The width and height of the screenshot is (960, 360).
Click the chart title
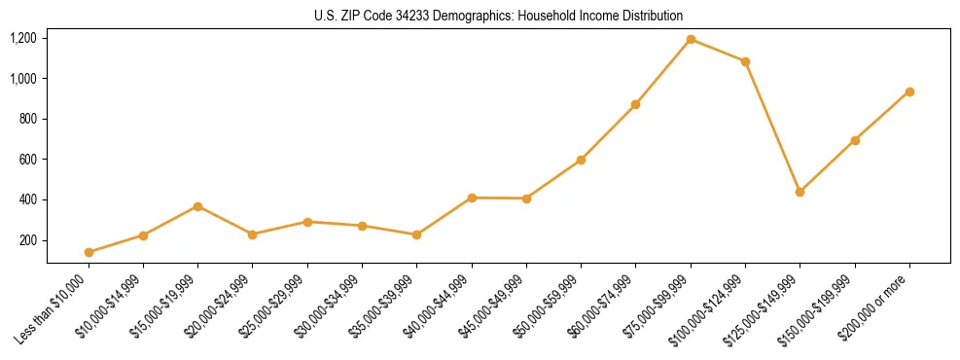pos(499,16)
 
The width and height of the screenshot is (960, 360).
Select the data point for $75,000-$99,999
pos(691,39)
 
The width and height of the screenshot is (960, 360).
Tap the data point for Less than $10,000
pos(89,252)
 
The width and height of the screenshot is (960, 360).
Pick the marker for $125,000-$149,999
pos(800,192)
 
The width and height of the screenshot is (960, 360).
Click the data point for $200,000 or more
pos(909,91)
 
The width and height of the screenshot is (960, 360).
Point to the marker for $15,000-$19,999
pos(198,206)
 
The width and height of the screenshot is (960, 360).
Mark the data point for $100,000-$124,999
pos(745,61)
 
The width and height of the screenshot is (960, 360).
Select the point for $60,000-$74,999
pos(635,104)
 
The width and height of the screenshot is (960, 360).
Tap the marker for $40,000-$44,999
pos(472,198)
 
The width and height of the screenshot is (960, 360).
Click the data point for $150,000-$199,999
pos(855,140)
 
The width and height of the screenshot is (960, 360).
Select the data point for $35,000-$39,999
pos(417,234)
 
